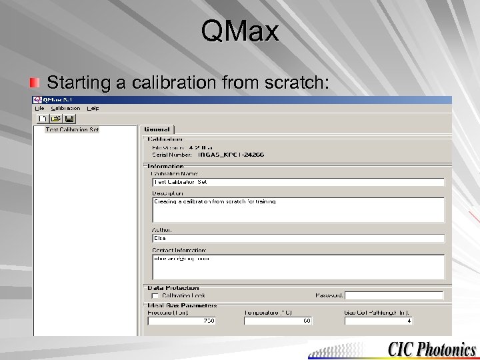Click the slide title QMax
point(239,31)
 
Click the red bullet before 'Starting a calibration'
point(34,83)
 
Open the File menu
point(39,108)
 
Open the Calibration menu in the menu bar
point(65,108)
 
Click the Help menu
point(93,108)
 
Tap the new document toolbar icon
point(41,119)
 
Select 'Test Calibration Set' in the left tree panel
point(72,129)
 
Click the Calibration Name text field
point(298,182)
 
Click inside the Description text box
point(298,209)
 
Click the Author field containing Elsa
point(298,238)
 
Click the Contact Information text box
point(298,267)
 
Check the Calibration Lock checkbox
point(155,295)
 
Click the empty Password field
point(394,295)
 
